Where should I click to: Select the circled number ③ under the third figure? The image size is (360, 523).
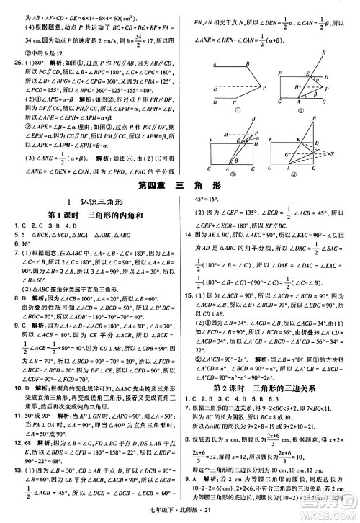click(230, 174)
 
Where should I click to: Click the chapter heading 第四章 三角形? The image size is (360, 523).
click(179, 185)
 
